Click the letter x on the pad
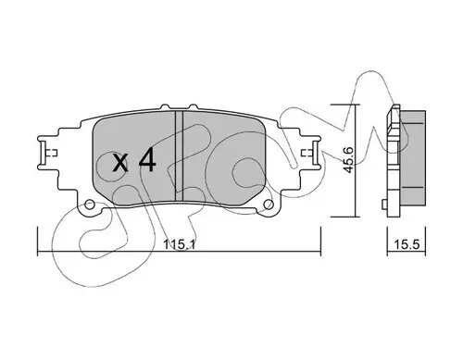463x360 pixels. (x=120, y=165)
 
